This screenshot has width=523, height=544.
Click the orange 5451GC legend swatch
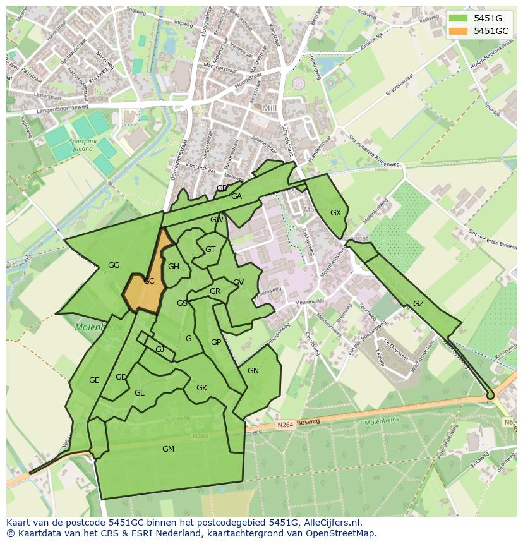tap(459, 31)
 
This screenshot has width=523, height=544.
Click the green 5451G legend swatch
tap(459, 18)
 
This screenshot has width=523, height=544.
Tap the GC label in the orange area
tap(149, 281)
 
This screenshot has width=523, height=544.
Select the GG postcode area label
tap(114, 265)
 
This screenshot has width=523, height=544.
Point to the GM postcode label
tap(168, 449)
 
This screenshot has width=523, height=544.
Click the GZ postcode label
tap(418, 304)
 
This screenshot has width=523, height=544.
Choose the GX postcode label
tap(335, 213)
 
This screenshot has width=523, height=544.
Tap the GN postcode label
tap(253, 371)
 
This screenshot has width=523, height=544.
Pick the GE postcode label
tap(94, 380)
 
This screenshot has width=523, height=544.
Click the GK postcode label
tap(201, 388)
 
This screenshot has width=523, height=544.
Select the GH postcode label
tap(174, 267)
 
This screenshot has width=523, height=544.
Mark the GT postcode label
tap(210, 250)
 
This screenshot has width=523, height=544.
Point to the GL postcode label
tap(140, 393)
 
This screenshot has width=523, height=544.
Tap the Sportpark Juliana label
tap(83, 146)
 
